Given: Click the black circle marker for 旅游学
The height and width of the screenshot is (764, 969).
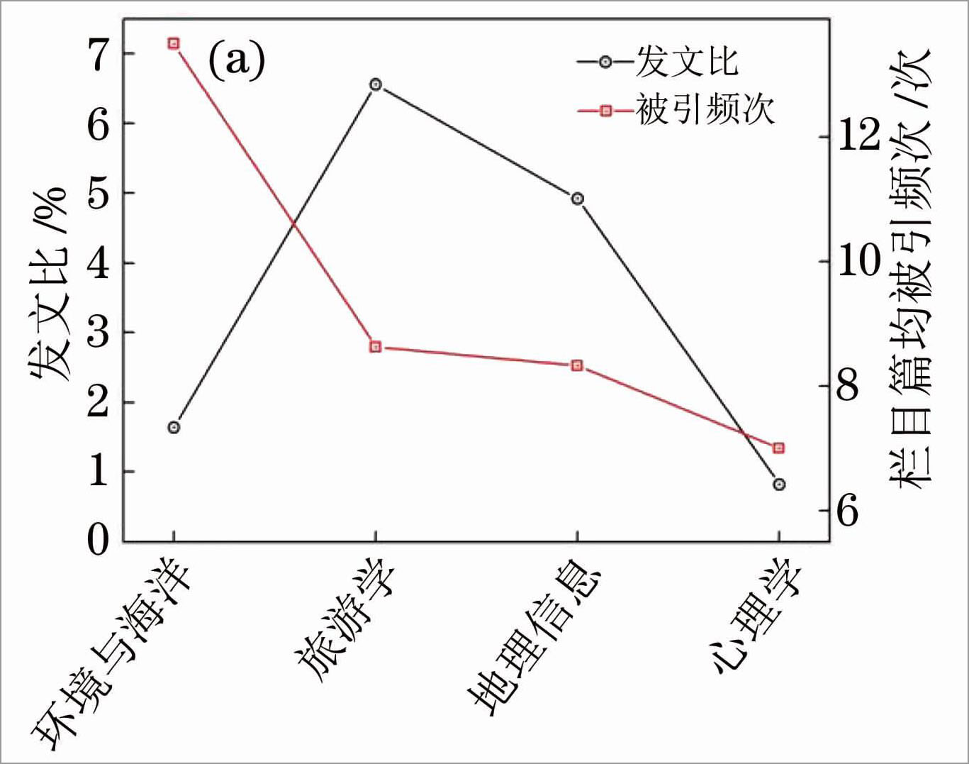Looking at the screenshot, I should tap(376, 84).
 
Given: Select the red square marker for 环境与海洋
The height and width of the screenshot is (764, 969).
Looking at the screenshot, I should tap(174, 44).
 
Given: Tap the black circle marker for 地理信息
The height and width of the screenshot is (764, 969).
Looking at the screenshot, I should tap(578, 199).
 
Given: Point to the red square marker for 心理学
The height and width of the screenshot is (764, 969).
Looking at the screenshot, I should tap(779, 448).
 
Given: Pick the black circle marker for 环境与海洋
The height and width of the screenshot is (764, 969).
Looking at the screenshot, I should tap(174, 427).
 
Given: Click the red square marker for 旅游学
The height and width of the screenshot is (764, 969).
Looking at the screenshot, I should tap(376, 347).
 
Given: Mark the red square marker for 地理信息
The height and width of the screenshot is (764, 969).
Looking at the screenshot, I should tap(578, 365).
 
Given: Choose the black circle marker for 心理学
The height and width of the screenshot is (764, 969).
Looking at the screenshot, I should tap(779, 485).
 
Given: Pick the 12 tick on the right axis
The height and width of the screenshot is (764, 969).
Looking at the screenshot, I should tap(858, 135).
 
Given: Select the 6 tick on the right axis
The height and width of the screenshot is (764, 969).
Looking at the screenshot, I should tap(848, 510).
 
